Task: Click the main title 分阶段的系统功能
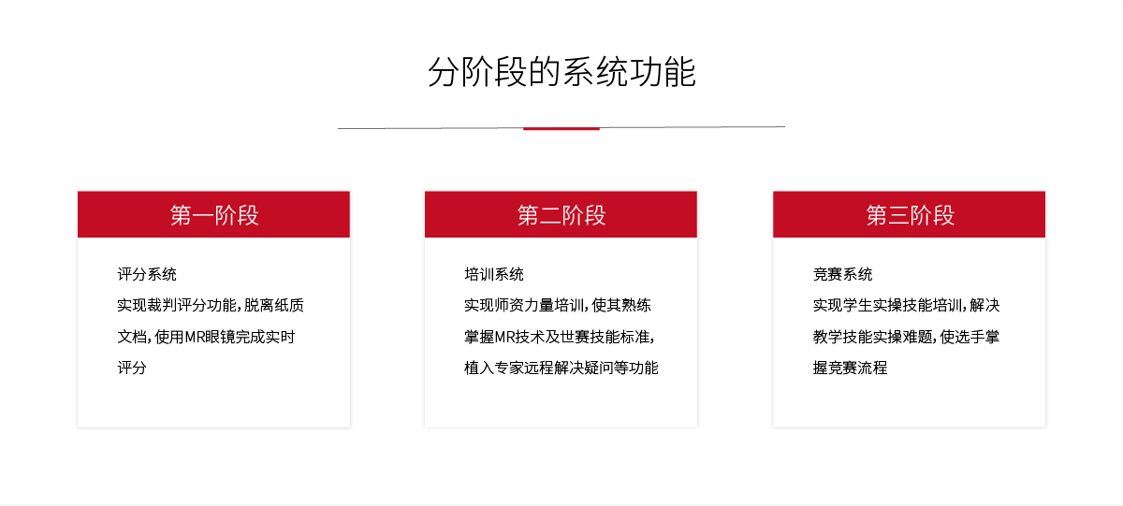pos(561,72)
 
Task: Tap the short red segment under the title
pos(561,129)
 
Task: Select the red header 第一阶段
pos(213,214)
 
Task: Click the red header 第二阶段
pos(561,214)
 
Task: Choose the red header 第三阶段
pos(909,214)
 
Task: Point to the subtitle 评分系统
pos(147,274)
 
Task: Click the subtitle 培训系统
pos(494,274)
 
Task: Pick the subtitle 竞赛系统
pos(842,274)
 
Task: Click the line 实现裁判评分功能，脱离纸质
pos(211,305)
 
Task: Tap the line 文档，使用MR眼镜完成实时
pos(206,337)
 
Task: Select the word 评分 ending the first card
pos(132,368)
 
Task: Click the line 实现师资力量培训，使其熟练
pos(558,305)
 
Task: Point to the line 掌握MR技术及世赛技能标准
pos(559,337)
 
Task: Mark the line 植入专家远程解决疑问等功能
pos(561,368)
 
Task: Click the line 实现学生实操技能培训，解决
pos(907,305)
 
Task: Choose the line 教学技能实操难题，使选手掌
pos(907,337)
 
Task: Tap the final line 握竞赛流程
pos(850,368)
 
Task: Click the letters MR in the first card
pos(195,337)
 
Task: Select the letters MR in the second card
pos(504,337)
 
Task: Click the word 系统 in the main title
pos(595,72)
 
